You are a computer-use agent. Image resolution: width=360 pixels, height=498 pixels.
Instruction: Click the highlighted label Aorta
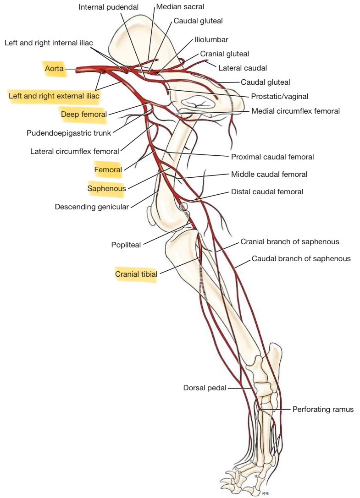tap(54, 69)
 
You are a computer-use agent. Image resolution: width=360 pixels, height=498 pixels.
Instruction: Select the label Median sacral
tap(180, 7)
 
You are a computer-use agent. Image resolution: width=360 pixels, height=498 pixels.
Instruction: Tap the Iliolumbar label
tap(211, 40)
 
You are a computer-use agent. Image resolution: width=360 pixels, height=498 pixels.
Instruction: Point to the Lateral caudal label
tap(243, 68)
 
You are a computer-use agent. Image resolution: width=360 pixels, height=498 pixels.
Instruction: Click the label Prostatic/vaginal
tap(279, 97)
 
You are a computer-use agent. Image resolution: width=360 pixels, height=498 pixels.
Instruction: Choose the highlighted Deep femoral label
tap(83, 115)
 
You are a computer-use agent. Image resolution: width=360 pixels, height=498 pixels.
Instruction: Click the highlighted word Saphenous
tap(106, 188)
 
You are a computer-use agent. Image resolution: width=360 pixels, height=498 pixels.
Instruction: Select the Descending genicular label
tap(92, 207)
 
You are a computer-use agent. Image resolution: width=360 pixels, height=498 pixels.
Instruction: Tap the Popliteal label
tap(126, 245)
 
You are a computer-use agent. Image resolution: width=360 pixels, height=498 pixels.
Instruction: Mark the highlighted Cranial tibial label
tap(136, 274)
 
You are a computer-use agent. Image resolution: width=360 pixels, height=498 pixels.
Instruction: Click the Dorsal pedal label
tap(205, 388)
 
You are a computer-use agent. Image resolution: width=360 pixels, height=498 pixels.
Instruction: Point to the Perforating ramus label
tap(323, 409)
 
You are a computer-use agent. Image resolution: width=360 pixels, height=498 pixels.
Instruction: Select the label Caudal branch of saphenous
tap(301, 259)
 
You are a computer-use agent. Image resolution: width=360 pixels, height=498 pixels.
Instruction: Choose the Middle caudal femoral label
tap(269, 174)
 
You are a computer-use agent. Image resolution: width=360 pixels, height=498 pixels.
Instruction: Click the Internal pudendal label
tap(108, 7)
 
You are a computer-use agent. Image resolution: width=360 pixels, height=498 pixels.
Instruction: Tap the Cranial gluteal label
tap(224, 54)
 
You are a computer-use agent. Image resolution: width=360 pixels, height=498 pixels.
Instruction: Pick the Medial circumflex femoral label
tap(295, 111)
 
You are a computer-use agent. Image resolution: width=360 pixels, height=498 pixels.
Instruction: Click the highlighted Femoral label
tap(108, 170)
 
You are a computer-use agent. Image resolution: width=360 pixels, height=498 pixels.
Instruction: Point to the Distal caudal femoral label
tap(267, 192)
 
